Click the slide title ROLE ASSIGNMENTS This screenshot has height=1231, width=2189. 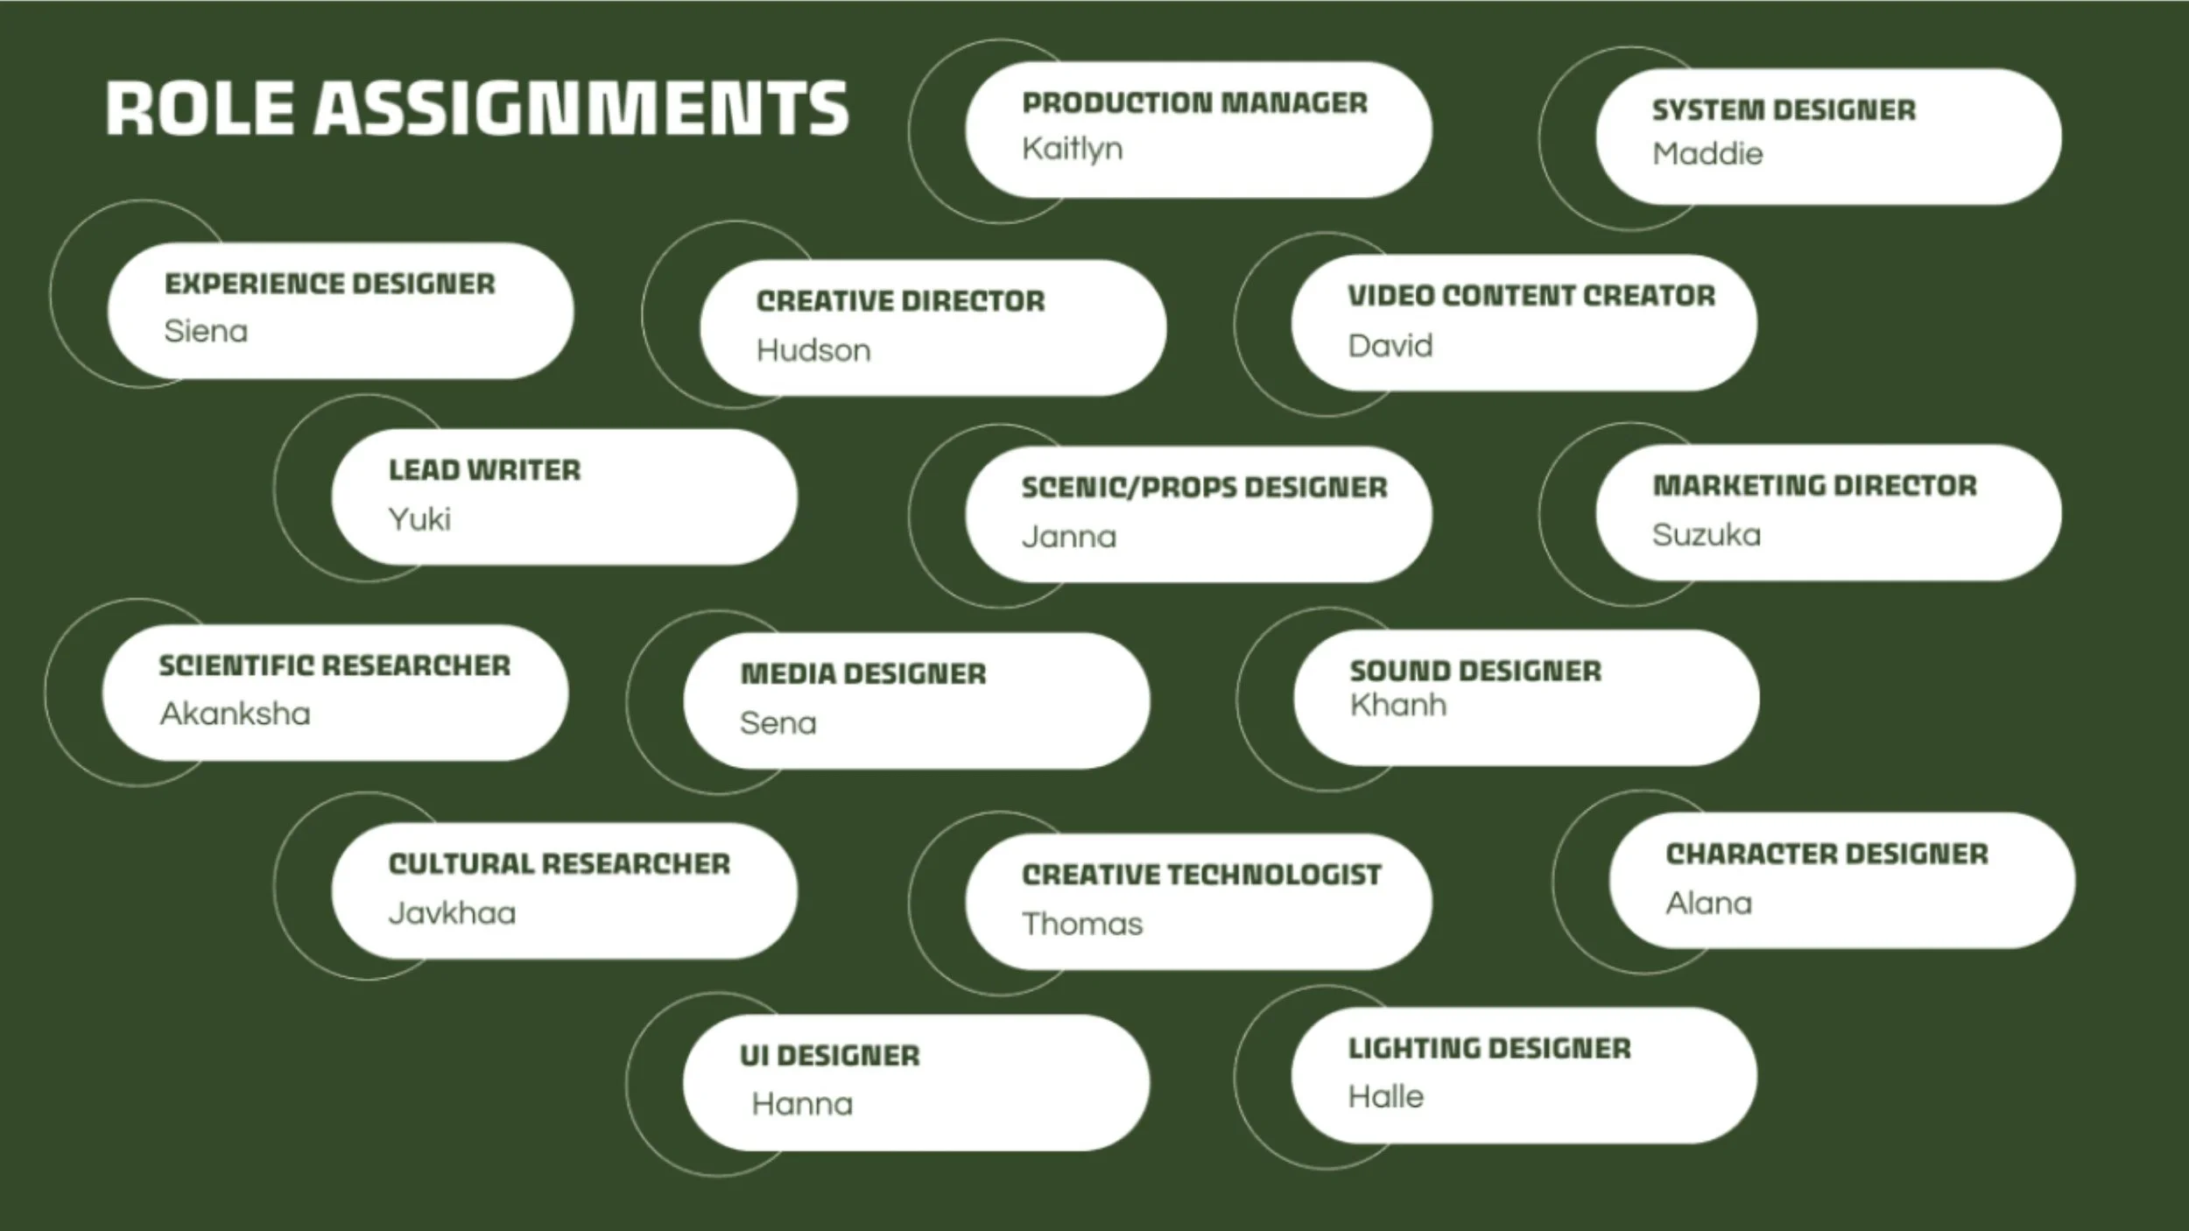[x=476, y=109]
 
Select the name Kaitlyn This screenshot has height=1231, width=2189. [x=1072, y=149]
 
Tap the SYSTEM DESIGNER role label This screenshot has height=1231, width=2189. [x=1784, y=110]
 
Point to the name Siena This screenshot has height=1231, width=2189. [x=206, y=331]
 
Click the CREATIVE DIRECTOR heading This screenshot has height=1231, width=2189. [x=900, y=301]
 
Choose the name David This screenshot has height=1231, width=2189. [x=1390, y=346]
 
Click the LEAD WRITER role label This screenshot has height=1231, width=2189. [x=484, y=470]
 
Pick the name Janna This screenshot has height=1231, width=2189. [x=1068, y=536]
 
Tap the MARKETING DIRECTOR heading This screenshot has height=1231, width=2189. [x=1814, y=486]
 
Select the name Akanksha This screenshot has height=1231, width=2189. [x=235, y=714]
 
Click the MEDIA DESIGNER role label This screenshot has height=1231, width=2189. [x=862, y=674]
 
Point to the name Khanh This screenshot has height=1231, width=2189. [x=1397, y=705]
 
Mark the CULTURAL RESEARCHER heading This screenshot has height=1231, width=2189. [x=559, y=864]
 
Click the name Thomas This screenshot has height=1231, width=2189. [x=1081, y=924]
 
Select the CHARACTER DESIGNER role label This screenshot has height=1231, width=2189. [x=1827, y=854]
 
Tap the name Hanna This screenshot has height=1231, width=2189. [x=801, y=1104]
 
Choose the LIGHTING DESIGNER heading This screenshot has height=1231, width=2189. [x=1489, y=1048]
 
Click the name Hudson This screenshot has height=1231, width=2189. [x=813, y=350]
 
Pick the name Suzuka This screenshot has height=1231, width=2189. [x=1706, y=534]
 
